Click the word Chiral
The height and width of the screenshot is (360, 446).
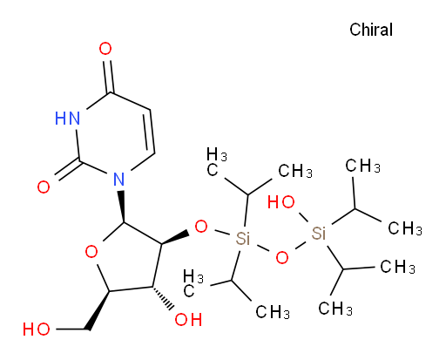click(371, 30)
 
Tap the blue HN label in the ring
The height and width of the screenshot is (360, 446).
click(67, 119)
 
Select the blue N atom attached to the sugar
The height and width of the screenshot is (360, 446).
click(119, 179)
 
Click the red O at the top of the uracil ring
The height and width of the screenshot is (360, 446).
click(105, 49)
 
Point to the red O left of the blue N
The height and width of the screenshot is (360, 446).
click(44, 187)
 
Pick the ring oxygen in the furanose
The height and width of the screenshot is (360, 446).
click(91, 252)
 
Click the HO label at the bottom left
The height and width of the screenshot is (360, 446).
click(37, 329)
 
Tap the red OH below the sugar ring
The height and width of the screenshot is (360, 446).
click(188, 320)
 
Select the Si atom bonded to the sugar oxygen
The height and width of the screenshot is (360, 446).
click(243, 239)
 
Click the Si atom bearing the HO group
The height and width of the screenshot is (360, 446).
click(319, 233)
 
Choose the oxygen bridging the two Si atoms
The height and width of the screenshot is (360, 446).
click(282, 257)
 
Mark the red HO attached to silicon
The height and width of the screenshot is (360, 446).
click(280, 202)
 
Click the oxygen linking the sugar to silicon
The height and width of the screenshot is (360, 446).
click(201, 227)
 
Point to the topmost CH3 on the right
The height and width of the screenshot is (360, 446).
click(362, 166)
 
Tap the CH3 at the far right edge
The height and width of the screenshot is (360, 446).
click(405, 228)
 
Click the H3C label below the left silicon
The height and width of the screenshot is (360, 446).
click(193, 283)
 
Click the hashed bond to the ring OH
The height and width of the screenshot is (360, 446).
click(162, 299)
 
